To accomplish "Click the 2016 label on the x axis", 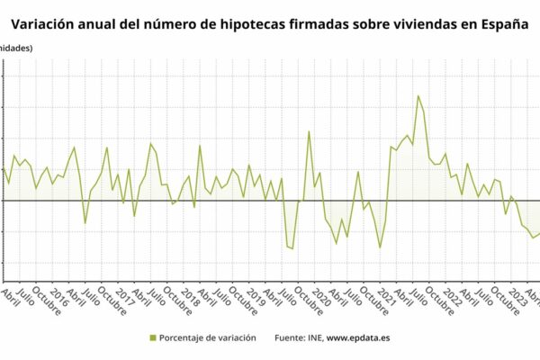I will pyautogui.click(x=58, y=297).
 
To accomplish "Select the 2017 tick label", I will pyautogui.click(x=123, y=297).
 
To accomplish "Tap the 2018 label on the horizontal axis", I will pyautogui.click(x=189, y=297).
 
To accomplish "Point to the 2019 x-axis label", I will pyautogui.click(x=255, y=297).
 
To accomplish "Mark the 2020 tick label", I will pyautogui.click(x=320, y=297).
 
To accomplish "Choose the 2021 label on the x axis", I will pyautogui.click(x=386, y=297).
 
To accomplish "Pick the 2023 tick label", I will pyautogui.click(x=517, y=297).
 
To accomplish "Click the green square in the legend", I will pyautogui.click(x=152, y=337).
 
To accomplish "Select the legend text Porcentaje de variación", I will pyautogui.click(x=207, y=337).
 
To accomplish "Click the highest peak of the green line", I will pyautogui.click(x=418, y=95).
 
